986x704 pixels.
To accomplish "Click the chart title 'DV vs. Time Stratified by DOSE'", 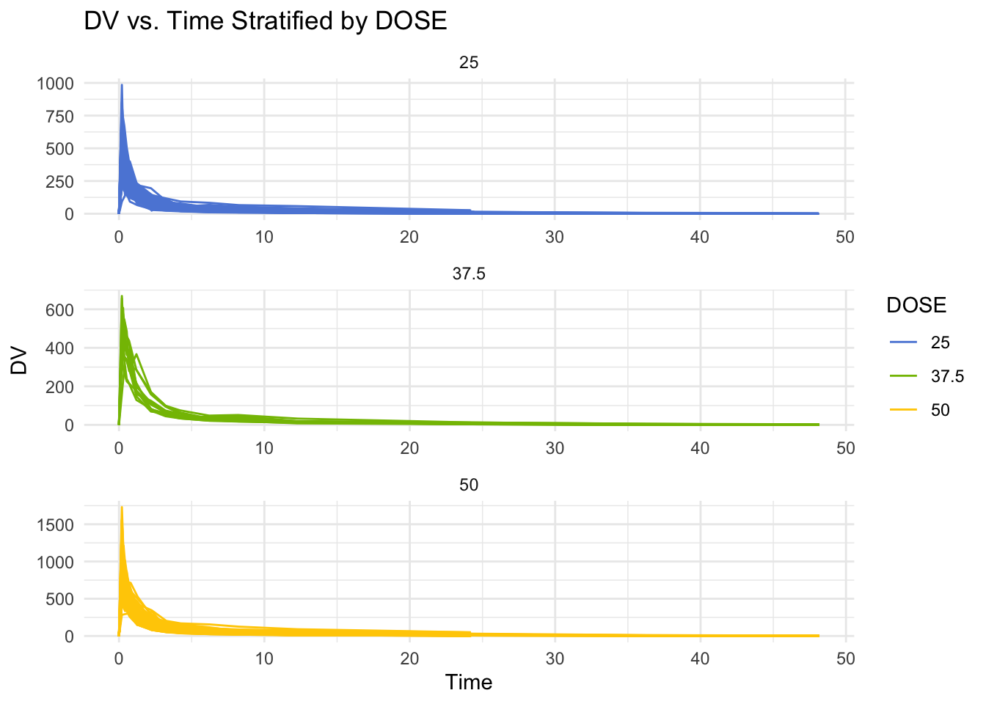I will [x=266, y=21].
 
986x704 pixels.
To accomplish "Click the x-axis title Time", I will [x=469, y=683].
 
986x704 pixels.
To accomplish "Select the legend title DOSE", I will [x=916, y=305].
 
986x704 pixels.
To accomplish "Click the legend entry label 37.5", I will [x=947, y=376].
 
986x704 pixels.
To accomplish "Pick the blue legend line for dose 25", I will [x=904, y=342].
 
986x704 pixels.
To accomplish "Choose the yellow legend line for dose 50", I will [x=904, y=410].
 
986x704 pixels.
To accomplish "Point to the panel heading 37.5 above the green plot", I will [x=469, y=274].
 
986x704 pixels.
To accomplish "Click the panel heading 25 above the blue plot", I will [x=469, y=62].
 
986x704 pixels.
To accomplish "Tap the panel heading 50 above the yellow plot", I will [x=469, y=485].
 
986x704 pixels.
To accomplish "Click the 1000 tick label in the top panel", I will [x=55, y=84].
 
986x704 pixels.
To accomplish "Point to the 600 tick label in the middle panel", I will [x=59, y=310].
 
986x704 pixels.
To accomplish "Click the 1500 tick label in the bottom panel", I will [x=55, y=524].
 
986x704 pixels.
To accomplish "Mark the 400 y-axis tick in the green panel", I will [x=59, y=348].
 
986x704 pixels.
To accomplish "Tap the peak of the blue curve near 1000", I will [x=122, y=86].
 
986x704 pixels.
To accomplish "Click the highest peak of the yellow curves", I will [x=122, y=507].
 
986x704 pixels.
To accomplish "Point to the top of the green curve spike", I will [x=122, y=297].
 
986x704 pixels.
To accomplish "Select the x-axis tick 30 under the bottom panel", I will [x=555, y=659].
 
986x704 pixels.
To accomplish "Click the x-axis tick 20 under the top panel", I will [x=409, y=237].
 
